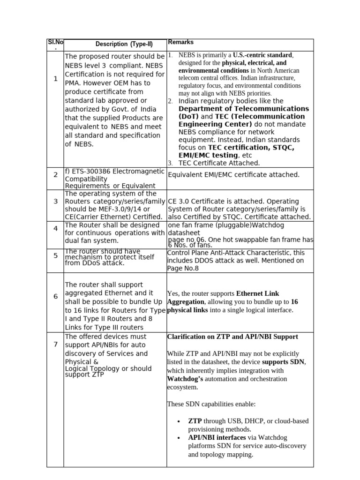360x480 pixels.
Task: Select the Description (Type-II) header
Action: pyautogui.click(x=124, y=45)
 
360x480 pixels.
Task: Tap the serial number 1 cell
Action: pyautogui.click(x=55, y=79)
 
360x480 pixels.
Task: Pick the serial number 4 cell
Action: pyautogui.click(x=55, y=228)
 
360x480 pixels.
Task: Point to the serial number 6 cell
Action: pyautogui.click(x=55, y=297)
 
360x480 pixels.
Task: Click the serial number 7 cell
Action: pyautogui.click(x=55, y=345)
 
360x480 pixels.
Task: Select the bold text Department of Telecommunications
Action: pyautogui.click(x=244, y=109)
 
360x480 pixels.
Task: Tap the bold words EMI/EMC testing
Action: pyautogui.click(x=208, y=155)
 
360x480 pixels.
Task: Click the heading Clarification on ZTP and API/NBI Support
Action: pyautogui.click(x=232, y=337)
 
